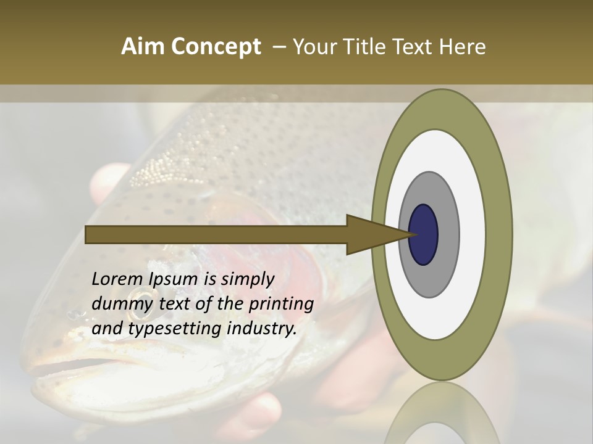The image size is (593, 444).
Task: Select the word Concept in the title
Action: coord(216,47)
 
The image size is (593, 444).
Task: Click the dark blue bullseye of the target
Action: coord(423,234)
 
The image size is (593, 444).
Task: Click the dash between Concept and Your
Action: coord(279,47)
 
